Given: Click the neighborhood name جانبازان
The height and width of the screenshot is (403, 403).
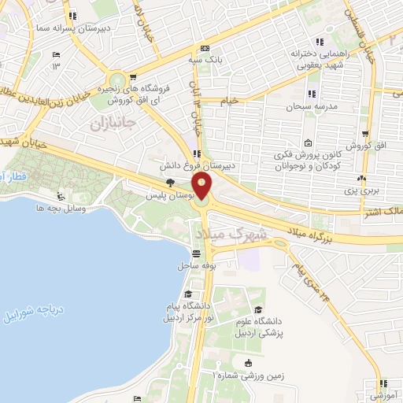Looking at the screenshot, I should coord(113,124).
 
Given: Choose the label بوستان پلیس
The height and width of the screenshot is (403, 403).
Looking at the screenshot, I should coord(173,193).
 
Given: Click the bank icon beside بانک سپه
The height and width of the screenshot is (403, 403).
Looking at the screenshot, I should coord(204,46).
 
